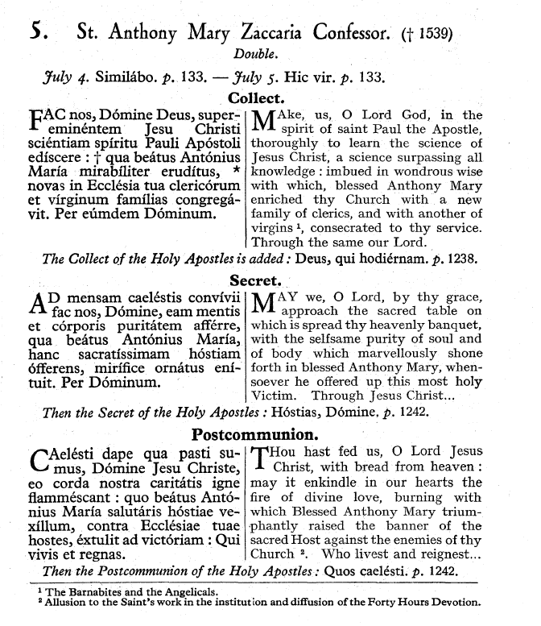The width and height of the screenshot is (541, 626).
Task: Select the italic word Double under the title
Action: pos(255,56)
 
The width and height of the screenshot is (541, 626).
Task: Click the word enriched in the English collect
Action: pos(278,198)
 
